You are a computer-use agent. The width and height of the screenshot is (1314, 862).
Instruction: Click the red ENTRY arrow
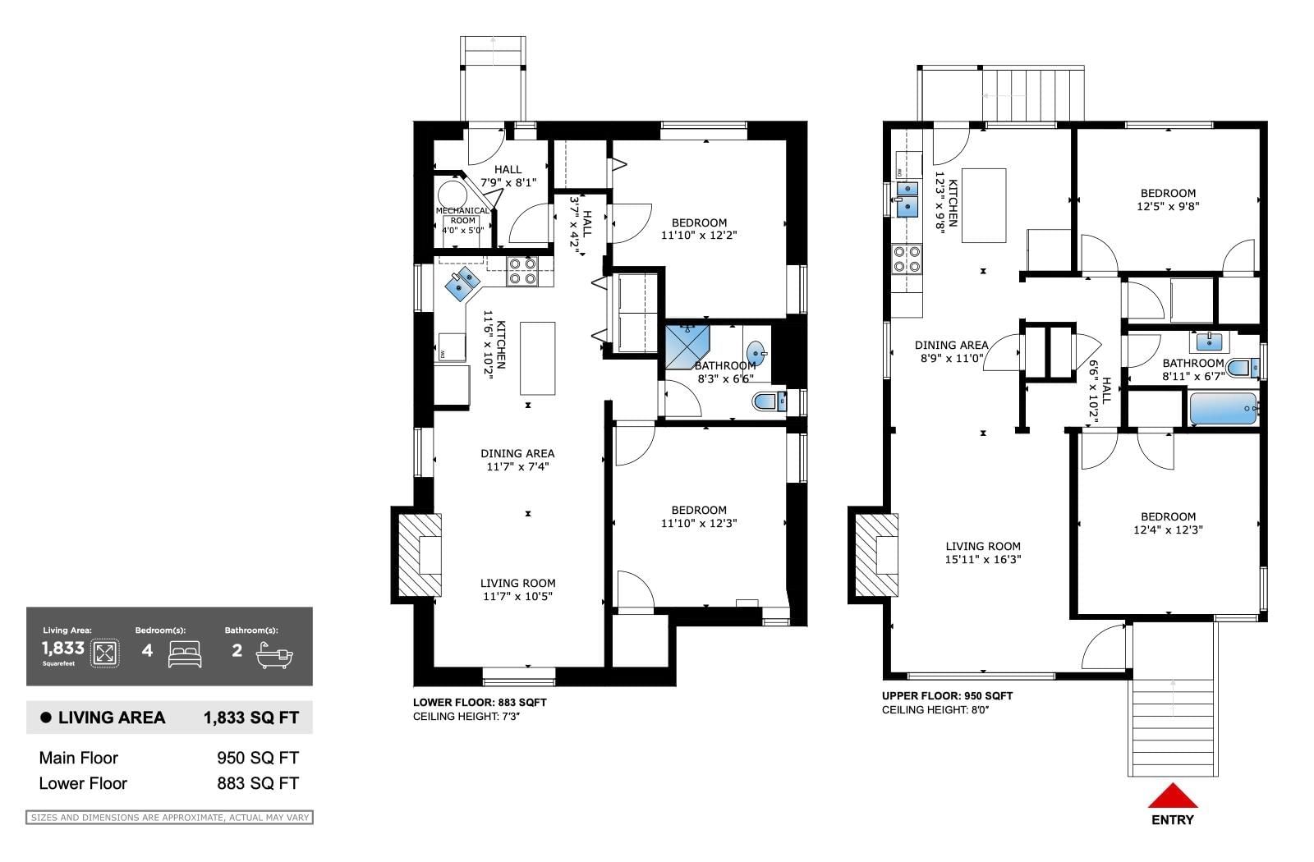click(x=1173, y=796)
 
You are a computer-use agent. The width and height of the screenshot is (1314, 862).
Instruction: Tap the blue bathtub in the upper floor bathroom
click(x=1224, y=408)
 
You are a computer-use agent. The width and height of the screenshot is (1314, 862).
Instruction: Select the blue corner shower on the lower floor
click(x=687, y=348)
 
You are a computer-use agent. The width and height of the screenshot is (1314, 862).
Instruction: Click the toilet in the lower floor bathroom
click(x=769, y=402)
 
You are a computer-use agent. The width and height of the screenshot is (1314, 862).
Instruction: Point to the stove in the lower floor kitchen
click(x=522, y=271)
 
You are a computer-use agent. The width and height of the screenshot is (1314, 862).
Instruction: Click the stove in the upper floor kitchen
click(x=907, y=259)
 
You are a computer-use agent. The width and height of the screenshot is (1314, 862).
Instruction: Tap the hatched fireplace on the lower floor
click(x=420, y=555)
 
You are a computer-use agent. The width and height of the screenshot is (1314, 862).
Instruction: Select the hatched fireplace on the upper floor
click(x=876, y=555)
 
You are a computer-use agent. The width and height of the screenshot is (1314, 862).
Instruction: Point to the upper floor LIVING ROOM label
click(x=982, y=546)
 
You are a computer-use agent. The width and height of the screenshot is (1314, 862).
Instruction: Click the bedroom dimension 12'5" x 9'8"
click(x=1168, y=206)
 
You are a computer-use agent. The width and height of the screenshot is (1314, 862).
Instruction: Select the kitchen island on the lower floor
click(x=537, y=358)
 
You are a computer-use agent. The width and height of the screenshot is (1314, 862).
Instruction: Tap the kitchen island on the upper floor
click(x=984, y=205)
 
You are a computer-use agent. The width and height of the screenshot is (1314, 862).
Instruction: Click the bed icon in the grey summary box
click(x=185, y=653)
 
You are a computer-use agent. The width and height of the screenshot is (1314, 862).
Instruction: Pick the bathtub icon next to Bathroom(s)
click(x=274, y=656)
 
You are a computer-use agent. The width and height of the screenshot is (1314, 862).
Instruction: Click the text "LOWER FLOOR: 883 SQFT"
click(x=480, y=703)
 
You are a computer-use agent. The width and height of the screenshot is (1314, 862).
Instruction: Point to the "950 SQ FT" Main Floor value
click(x=258, y=758)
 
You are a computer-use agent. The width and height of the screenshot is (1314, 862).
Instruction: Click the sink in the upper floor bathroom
click(x=1209, y=341)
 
